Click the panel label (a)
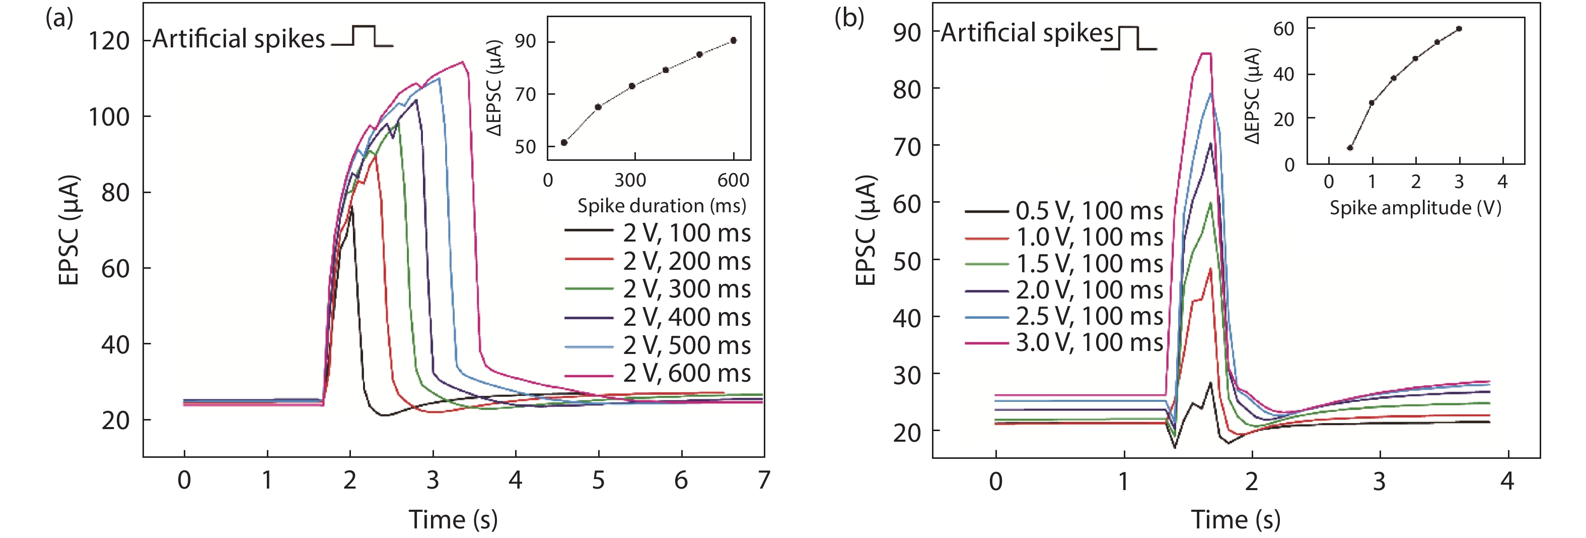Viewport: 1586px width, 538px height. [60, 19]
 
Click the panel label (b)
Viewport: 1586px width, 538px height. [849, 19]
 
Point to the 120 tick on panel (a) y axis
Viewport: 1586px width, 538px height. [110, 41]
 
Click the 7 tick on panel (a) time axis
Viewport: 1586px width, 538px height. [763, 480]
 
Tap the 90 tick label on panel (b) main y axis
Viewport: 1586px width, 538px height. [907, 32]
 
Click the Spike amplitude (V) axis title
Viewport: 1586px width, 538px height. [1415, 208]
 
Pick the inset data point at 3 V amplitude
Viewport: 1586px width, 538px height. [1459, 29]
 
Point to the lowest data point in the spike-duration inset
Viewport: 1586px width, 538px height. [564, 142]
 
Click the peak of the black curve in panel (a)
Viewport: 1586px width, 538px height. [351, 207]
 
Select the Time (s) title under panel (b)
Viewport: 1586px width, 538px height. [1235, 519]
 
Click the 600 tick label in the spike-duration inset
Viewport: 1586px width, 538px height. [733, 180]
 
